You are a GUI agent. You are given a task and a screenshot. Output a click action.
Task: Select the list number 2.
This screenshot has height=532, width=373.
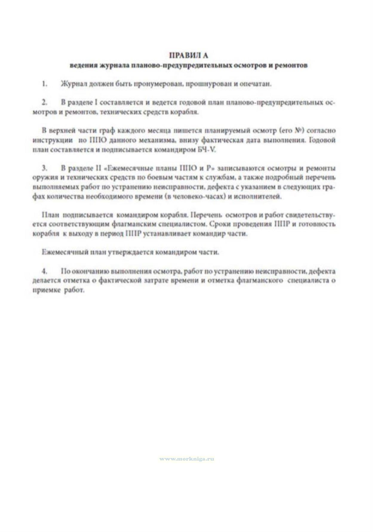(44, 103)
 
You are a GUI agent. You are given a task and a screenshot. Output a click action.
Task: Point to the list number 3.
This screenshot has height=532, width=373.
(44, 168)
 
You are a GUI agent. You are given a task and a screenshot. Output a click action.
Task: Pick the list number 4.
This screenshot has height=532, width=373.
(44, 271)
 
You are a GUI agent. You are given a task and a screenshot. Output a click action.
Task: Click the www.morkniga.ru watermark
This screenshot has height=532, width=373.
(187, 459)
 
